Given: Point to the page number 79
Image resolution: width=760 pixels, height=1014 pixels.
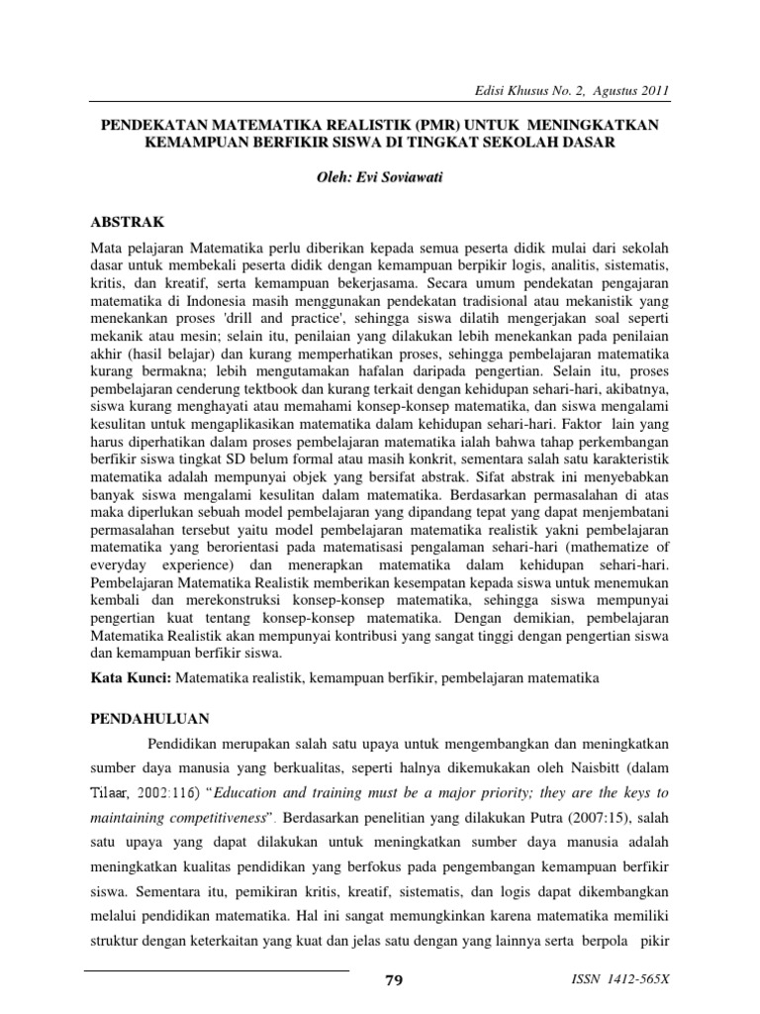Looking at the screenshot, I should (x=393, y=980).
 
